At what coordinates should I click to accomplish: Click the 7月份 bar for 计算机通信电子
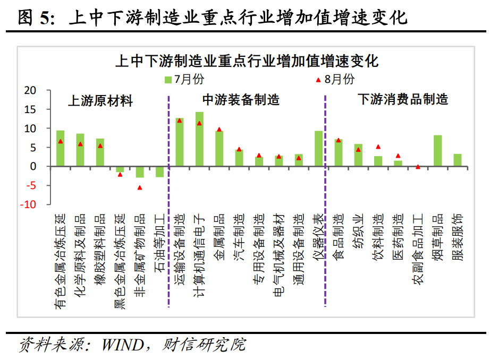pyautogui.click(x=199, y=139)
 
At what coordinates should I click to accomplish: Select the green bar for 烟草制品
pyautogui.click(x=438, y=151)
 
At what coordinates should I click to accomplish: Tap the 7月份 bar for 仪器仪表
pyautogui.click(x=319, y=149)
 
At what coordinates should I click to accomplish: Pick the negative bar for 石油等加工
pyautogui.click(x=159, y=172)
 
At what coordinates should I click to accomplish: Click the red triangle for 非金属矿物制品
pyautogui.click(x=140, y=187)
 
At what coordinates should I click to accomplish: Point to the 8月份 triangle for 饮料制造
pyautogui.click(x=378, y=147)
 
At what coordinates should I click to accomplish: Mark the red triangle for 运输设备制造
pyautogui.click(x=180, y=121)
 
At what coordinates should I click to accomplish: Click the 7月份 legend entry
pyautogui.click(x=183, y=80)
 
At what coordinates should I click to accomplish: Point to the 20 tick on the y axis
pyautogui.click(x=31, y=91)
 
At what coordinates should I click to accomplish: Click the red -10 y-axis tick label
pyautogui.click(x=29, y=204)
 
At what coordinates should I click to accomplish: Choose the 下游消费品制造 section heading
pyautogui.click(x=402, y=99)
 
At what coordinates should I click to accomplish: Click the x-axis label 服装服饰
pyautogui.click(x=458, y=236)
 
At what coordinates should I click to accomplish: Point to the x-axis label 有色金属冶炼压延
pyautogui.click(x=60, y=260)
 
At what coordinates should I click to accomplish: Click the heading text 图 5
pyautogui.click(x=33, y=19)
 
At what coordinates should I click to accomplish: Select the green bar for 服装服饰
pyautogui.click(x=458, y=160)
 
